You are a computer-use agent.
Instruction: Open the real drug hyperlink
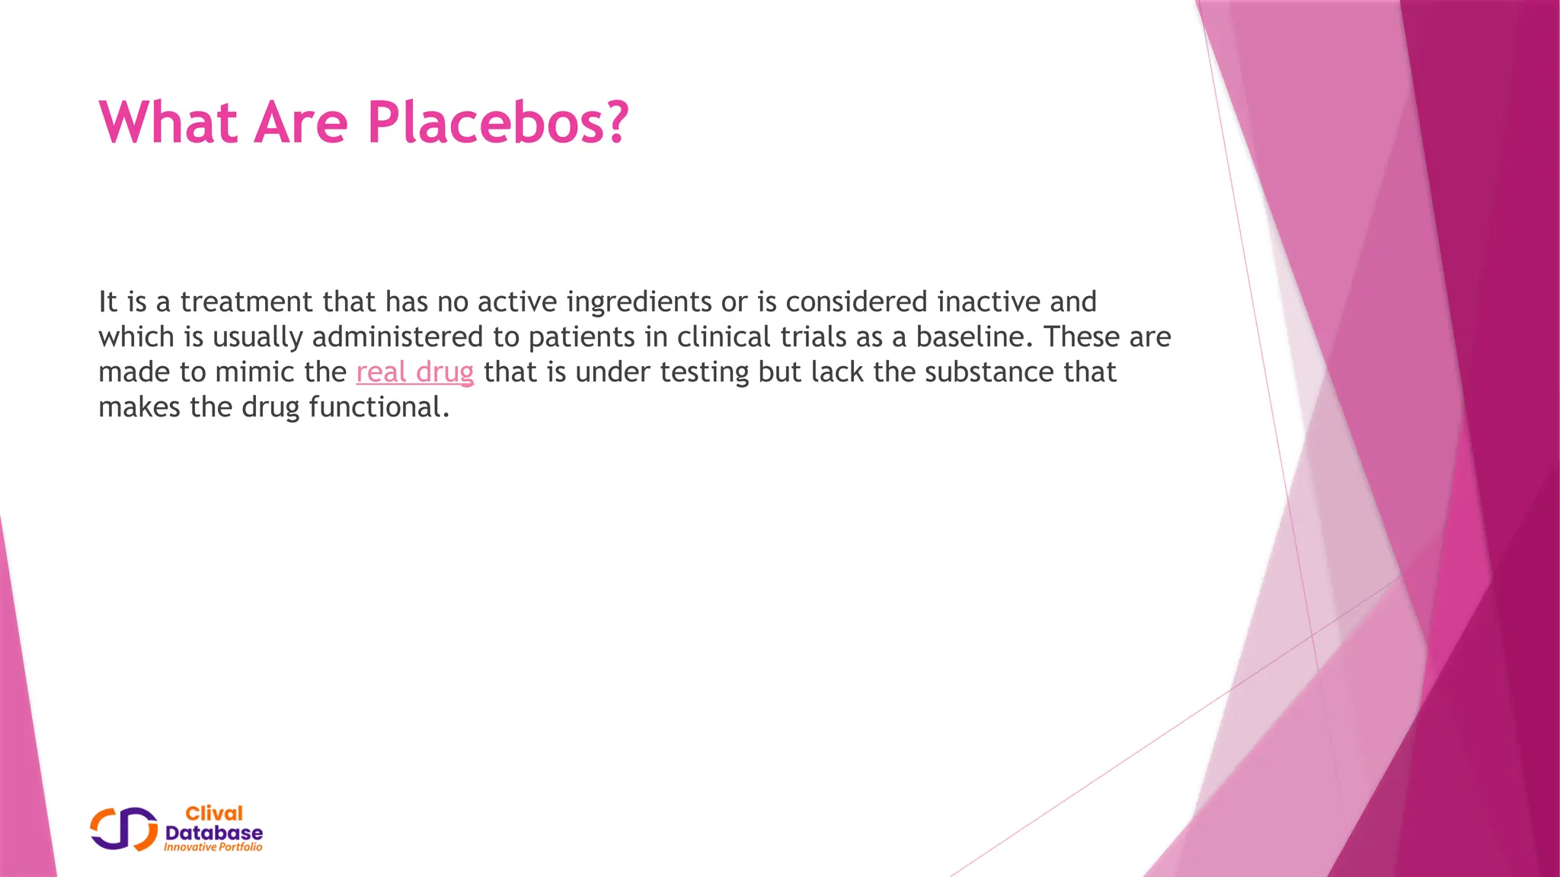(414, 372)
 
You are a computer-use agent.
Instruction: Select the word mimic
(248, 372)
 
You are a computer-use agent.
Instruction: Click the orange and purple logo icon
(123, 829)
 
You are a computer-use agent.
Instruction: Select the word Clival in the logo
(214, 814)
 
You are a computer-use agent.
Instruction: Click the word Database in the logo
(214, 833)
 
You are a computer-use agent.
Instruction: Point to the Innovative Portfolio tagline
(213, 847)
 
